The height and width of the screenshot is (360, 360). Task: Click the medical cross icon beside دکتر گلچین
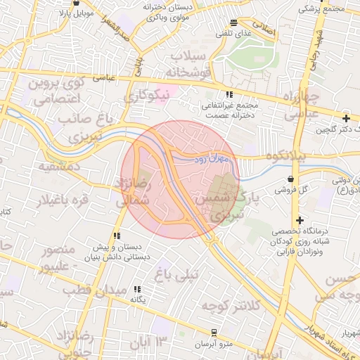[x=345, y=117]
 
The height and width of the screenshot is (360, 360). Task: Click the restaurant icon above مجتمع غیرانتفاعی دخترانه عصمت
[x=229, y=94]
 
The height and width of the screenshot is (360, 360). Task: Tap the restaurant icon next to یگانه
[x=137, y=288]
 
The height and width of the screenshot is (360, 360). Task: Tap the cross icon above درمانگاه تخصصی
[x=300, y=220]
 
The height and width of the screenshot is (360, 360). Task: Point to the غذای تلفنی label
[x=233, y=34]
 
